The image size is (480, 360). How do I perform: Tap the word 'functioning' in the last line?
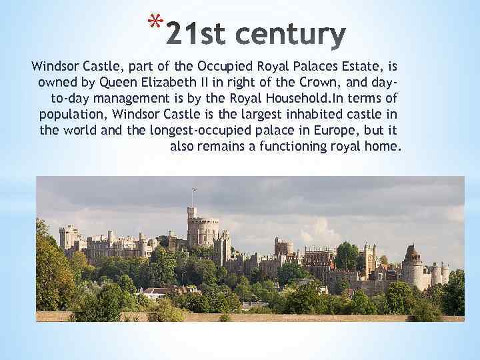point(289,146)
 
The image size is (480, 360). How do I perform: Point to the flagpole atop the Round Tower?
point(193,197)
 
